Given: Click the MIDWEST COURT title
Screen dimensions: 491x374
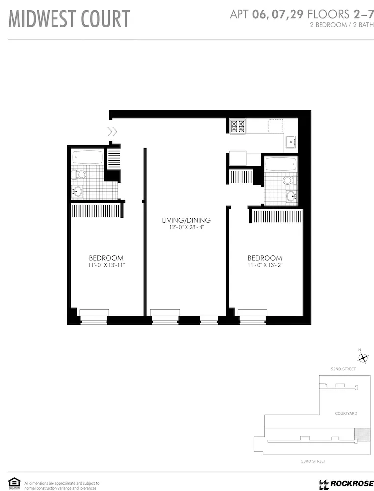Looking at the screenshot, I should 69,19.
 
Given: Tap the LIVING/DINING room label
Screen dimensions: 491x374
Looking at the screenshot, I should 186,220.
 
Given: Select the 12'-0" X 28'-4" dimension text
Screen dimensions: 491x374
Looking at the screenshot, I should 186,227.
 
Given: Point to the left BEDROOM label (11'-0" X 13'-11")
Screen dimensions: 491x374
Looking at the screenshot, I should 106,258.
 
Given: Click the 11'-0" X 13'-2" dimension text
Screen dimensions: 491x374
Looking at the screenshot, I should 265,265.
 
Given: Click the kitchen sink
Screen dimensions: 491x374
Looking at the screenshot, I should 292,141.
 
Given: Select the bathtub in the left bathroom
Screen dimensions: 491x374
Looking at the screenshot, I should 87,158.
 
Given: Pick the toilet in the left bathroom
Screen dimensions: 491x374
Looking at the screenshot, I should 79,174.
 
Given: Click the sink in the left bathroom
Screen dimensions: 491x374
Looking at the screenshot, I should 79,191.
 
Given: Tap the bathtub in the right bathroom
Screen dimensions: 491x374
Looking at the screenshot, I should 280,164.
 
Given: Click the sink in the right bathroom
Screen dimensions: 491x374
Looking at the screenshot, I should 291,197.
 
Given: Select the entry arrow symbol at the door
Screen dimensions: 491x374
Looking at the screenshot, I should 112,131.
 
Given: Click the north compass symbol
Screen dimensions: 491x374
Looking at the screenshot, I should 360,357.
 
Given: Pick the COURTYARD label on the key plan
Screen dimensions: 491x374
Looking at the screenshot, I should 346,413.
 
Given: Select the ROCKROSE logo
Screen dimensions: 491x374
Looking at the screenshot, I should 346,484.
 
